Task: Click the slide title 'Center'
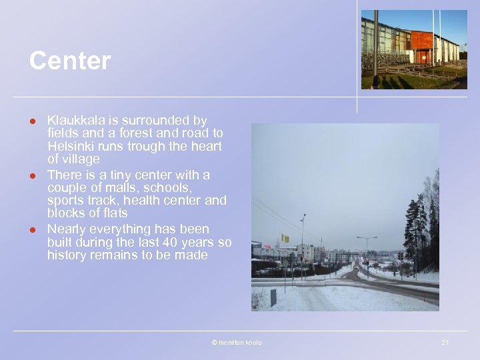(x=69, y=61)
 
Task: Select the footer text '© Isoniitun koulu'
(x=237, y=342)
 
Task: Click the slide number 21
(x=445, y=342)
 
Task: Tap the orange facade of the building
(x=421, y=41)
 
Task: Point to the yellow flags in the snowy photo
(x=285, y=238)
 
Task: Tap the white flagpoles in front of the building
(x=437, y=37)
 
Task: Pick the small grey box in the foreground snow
(x=273, y=297)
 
